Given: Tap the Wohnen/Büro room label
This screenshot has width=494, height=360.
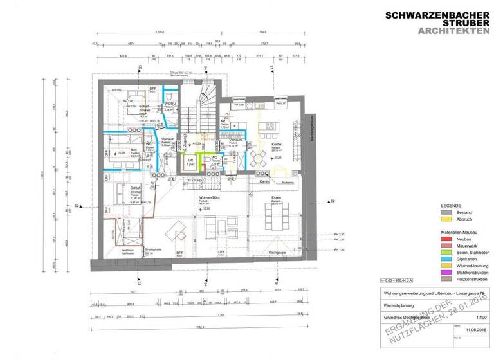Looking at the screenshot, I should coord(206,199).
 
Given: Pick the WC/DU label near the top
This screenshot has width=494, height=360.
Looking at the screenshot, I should coord(170,104).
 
